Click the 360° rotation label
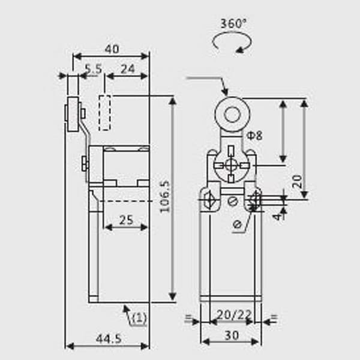point(233,23)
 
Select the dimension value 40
point(112,49)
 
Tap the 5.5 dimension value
point(94,68)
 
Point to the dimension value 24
point(127,68)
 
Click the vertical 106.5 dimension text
point(165,197)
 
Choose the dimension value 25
point(126,220)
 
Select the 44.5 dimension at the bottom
point(109,339)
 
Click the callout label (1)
point(140,318)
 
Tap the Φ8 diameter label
point(254,136)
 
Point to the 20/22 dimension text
point(234,314)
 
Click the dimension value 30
point(232,335)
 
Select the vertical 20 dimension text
point(298,181)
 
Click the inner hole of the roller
point(232,115)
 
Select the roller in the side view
point(73,115)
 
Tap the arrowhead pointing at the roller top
point(226,92)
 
